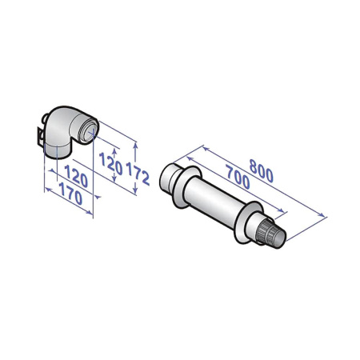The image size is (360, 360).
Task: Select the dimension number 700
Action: [234, 182]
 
